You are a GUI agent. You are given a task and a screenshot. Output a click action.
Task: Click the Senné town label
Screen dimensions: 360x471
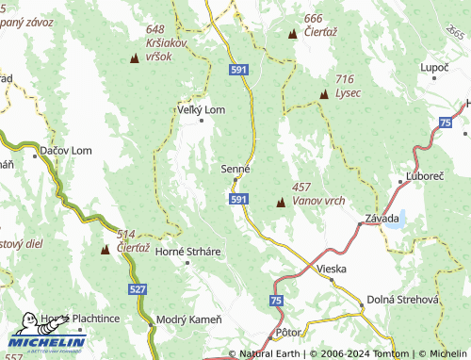[x=235, y=168]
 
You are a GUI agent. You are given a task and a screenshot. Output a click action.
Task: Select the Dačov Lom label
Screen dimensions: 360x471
[x=65, y=150]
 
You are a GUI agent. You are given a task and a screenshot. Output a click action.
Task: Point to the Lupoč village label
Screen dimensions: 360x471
[x=434, y=69]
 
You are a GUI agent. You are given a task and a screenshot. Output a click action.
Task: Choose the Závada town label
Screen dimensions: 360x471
[x=376, y=219]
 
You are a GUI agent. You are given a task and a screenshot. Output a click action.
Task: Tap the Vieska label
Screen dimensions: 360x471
[x=332, y=269]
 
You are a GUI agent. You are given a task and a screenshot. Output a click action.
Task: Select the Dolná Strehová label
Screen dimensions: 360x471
[x=403, y=298]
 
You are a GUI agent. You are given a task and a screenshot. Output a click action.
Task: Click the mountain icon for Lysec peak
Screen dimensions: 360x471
[x=324, y=94]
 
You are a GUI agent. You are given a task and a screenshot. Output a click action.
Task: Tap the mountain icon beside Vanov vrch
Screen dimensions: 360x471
[x=281, y=203]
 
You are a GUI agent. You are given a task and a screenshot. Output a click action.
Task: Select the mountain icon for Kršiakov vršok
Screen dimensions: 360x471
[x=134, y=59]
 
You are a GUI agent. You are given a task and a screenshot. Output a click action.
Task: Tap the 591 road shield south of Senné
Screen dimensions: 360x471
[x=239, y=199]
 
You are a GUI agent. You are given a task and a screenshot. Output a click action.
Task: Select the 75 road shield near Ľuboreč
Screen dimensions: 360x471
[x=444, y=123]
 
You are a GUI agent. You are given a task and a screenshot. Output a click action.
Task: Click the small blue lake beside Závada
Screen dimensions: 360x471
[x=396, y=220]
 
